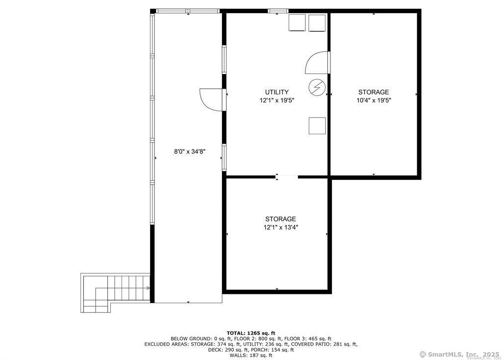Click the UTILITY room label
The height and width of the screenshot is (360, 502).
(276, 92)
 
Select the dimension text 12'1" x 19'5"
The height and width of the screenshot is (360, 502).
(276, 100)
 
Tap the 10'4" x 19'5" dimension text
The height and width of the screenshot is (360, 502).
(374, 100)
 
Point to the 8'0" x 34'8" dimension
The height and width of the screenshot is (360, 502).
(190, 151)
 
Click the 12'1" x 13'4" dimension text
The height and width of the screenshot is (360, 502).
(281, 228)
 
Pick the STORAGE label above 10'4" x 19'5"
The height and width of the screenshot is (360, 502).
(374, 92)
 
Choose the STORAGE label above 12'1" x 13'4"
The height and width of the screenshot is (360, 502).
(280, 219)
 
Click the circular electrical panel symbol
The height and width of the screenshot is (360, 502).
(317, 87)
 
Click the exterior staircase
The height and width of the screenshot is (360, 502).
(115, 293)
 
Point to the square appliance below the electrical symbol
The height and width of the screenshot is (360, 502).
(317, 126)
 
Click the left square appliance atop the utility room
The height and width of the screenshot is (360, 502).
(297, 23)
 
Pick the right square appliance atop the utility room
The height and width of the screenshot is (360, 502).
(317, 23)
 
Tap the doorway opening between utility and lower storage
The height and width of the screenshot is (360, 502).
(286, 176)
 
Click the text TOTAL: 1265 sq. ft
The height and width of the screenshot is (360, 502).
(251, 333)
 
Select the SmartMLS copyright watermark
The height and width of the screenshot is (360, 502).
(459, 354)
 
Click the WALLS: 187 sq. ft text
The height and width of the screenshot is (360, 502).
(251, 355)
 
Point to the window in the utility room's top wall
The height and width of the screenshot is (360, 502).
(278, 11)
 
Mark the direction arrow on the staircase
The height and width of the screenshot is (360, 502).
(148, 288)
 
